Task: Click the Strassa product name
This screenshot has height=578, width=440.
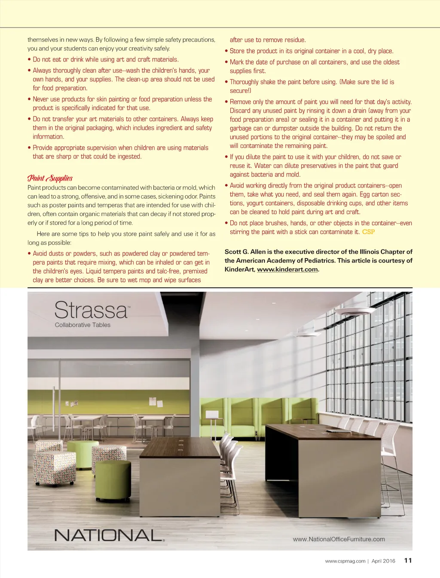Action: click(91, 310)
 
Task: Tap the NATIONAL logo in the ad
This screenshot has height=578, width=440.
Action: click(109, 535)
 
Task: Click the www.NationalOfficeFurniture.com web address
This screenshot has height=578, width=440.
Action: click(339, 539)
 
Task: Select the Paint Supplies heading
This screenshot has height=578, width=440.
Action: click(50, 178)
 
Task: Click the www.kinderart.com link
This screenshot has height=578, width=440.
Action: click(287, 270)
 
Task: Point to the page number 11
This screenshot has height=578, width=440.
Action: click(408, 560)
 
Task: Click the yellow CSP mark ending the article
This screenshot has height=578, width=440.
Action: click(368, 232)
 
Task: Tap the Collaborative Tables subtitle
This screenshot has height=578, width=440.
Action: click(82, 325)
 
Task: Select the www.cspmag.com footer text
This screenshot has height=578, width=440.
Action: click(345, 561)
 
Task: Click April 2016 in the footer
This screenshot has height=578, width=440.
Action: click(383, 561)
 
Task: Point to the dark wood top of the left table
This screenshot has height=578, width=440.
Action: click(180, 447)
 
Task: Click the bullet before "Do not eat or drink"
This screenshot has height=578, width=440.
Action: click(29, 60)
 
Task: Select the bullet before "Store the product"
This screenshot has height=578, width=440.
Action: click(226, 51)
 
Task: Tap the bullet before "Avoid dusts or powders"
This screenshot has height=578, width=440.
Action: click(29, 254)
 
